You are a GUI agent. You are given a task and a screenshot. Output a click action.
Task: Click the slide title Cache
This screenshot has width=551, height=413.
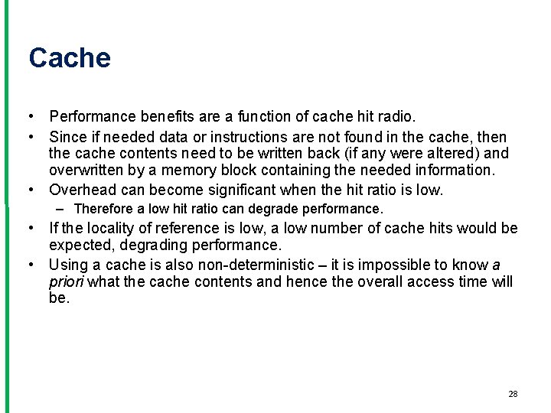pos(70,58)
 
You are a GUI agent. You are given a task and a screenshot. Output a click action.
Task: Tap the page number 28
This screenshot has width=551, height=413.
pos(513,394)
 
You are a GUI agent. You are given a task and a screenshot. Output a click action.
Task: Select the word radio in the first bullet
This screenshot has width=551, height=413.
pos(396,117)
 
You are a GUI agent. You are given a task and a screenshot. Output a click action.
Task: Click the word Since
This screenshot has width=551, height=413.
pos(67,137)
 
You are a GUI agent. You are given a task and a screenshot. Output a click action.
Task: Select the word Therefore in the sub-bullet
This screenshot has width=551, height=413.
pos(103,209)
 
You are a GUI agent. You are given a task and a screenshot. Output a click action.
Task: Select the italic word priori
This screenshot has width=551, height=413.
pos(65,281)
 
